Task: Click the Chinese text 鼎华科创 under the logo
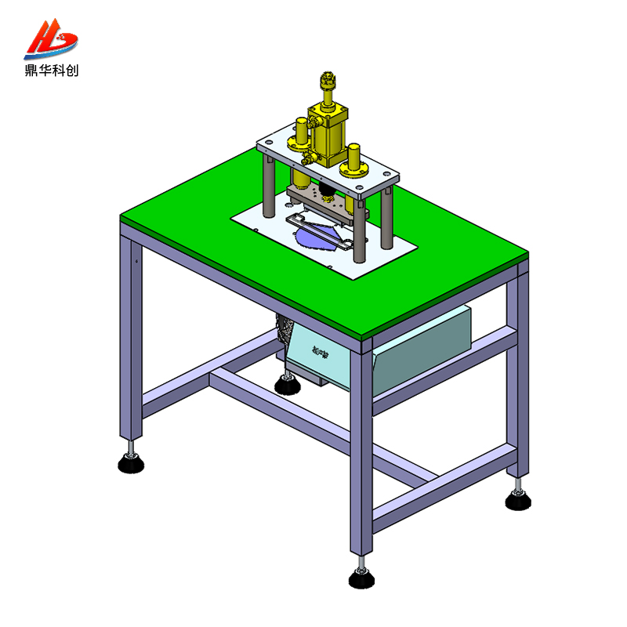[x=51, y=71]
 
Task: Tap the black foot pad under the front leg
[x=361, y=578]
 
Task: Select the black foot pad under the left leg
[x=131, y=464]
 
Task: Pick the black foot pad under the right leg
[x=517, y=499]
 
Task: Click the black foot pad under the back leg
[x=286, y=385]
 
